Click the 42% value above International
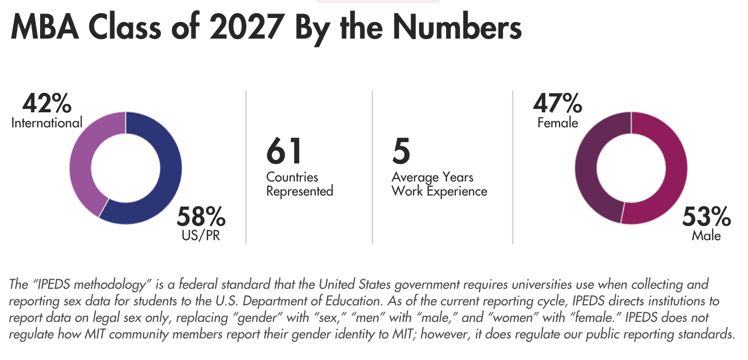(x=47, y=103)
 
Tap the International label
(x=47, y=123)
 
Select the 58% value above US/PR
(x=201, y=217)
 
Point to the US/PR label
(x=201, y=236)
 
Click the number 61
(x=284, y=151)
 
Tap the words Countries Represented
(x=299, y=184)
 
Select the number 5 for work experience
(x=401, y=151)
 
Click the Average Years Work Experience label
(x=439, y=184)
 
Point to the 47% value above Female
(x=557, y=103)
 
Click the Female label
(x=557, y=123)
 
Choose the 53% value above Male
(x=706, y=217)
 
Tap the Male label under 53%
(x=706, y=236)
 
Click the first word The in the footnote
(x=19, y=285)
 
